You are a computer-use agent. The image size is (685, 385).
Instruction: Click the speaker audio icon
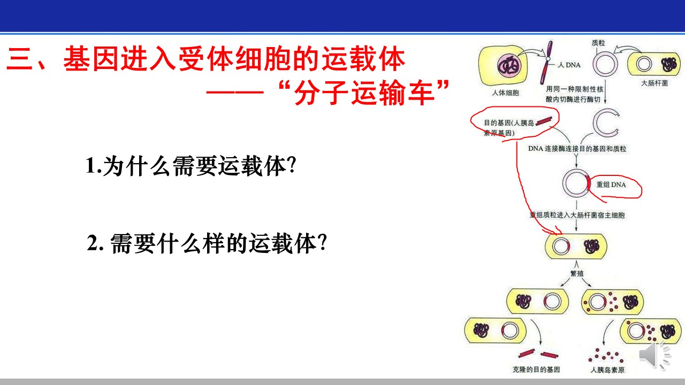tap(654, 356)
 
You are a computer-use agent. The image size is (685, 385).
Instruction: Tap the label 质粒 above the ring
tap(598, 43)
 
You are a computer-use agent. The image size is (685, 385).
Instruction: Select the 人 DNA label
tap(569, 65)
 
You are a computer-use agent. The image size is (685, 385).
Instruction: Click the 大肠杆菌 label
tap(654, 83)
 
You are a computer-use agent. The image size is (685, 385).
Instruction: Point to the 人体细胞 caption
tap(506, 93)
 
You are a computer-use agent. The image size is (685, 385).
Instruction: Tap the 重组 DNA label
tap(611, 184)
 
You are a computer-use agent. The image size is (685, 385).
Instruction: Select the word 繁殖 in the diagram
tap(577, 273)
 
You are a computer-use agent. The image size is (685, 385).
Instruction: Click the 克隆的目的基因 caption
tap(536, 369)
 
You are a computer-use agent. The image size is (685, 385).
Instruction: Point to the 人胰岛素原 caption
tap(607, 369)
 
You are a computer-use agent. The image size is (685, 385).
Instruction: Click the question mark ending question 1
tap(292, 166)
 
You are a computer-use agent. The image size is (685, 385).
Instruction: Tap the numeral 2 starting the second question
tap(93, 243)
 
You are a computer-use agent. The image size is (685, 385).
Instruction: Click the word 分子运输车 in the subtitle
tap(364, 93)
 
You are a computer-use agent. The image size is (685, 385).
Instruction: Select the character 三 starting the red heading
tap(19, 59)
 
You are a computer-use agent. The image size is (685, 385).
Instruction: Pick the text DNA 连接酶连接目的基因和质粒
tap(577, 149)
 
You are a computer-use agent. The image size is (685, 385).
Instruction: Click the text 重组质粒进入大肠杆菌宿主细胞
tap(577, 215)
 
